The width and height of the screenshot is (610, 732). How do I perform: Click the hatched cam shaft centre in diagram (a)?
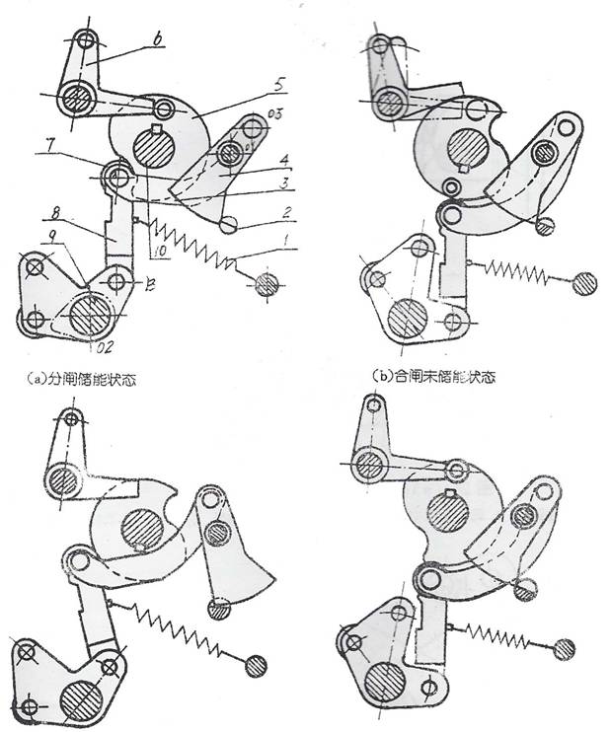click(155, 154)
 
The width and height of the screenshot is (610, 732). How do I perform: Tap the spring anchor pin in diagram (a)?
click(266, 285)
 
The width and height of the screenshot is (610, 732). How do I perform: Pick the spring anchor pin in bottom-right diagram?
click(565, 647)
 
